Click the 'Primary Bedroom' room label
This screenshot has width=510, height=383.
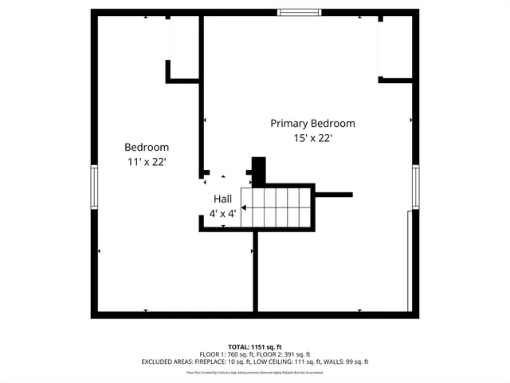[312, 124]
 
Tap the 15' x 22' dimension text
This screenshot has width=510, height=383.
[312, 138]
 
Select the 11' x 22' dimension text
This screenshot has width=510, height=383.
[147, 162]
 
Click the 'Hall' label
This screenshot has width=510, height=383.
[222, 199]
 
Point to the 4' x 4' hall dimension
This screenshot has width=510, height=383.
[222, 214]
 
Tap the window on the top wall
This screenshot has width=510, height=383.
[300, 12]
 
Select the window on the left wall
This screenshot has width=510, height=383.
[94, 188]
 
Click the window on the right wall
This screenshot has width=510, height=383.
[415, 188]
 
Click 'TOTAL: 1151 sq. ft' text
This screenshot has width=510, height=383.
[255, 347]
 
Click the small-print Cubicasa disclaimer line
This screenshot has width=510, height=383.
[255, 372]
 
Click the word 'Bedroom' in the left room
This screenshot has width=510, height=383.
[147, 148]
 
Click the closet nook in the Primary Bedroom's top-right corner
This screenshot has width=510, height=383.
[396, 48]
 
